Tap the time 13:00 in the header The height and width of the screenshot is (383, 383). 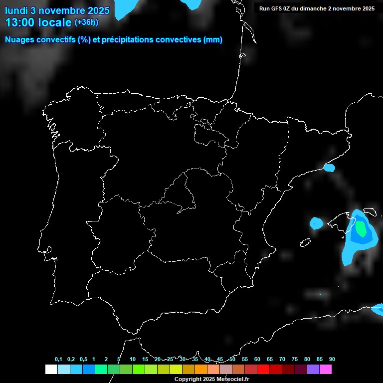(20, 22)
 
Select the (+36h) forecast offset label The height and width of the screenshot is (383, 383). (86, 22)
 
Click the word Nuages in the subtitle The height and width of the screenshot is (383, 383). (19, 40)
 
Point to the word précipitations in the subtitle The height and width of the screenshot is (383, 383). (126, 40)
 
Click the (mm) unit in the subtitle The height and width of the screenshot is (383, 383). (213, 40)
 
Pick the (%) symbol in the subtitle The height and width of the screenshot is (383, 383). (84, 40)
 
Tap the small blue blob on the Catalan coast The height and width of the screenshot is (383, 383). (329, 168)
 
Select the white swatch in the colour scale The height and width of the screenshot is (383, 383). (51, 369)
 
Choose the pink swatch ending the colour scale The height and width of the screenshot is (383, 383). (326, 369)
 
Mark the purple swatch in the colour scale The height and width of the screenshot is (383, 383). (313, 369)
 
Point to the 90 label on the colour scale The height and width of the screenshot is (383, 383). (332, 359)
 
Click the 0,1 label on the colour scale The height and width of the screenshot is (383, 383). (58, 359)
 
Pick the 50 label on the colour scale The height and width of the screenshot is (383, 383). (232, 359)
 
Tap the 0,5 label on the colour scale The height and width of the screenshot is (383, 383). (83, 359)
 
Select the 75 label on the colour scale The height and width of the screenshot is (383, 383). (295, 359)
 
